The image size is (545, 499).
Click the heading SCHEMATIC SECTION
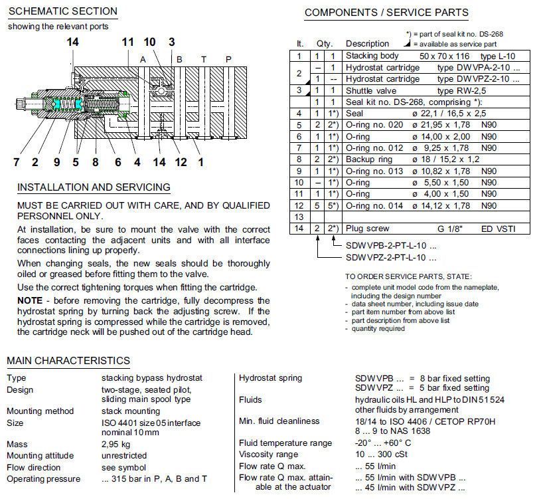click(x=62, y=11)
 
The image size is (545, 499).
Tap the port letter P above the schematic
click(x=228, y=60)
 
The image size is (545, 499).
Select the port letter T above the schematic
click(x=204, y=60)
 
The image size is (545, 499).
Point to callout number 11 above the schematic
click(x=128, y=43)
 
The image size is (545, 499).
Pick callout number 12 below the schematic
click(x=181, y=161)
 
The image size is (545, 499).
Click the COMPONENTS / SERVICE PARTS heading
click(x=386, y=13)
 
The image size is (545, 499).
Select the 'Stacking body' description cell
click(x=372, y=56)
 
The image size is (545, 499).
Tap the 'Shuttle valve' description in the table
click(x=371, y=90)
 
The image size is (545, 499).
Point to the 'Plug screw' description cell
click(x=367, y=229)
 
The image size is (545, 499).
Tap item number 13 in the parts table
click(x=299, y=217)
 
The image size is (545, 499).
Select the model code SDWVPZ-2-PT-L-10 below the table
click(x=391, y=256)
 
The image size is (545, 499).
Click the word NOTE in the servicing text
click(x=30, y=300)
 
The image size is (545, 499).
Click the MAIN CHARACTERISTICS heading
click(x=68, y=361)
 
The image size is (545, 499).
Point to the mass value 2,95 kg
click(x=116, y=445)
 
